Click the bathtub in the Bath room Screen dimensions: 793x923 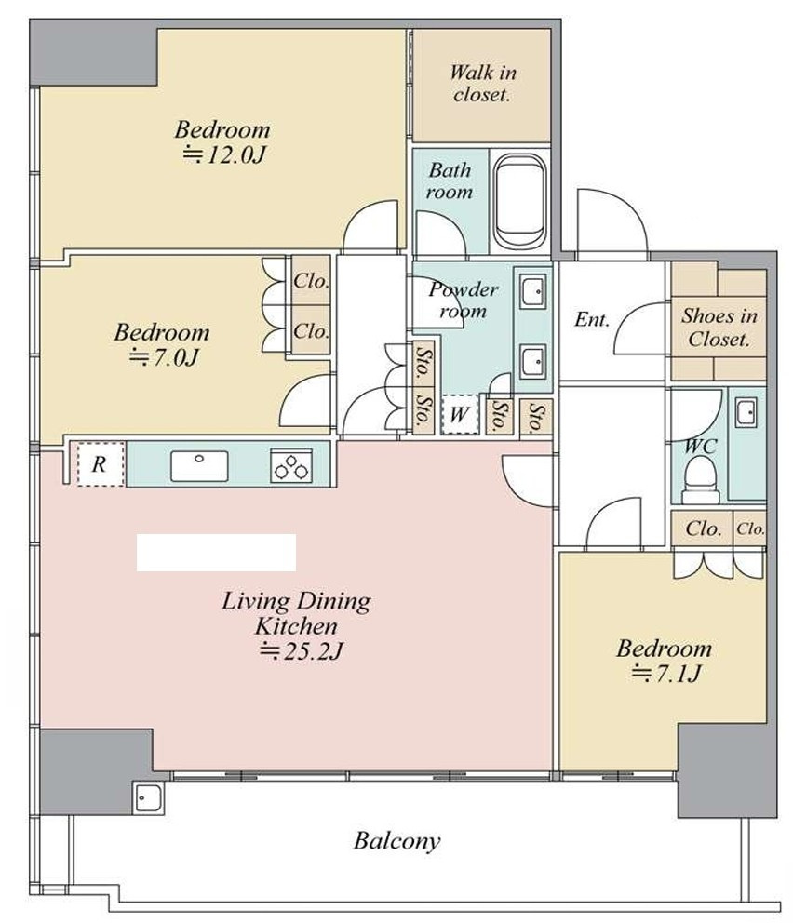(519, 201)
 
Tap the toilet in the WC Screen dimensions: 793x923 (701, 480)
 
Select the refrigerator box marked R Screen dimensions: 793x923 (100, 464)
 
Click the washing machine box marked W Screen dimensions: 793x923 (459, 414)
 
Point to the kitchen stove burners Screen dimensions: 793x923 (290, 466)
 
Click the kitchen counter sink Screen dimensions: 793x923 (199, 465)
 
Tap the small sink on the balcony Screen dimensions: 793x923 (148, 797)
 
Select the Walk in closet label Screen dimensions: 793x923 (483, 83)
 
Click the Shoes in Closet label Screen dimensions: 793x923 (719, 328)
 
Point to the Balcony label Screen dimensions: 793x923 (396, 840)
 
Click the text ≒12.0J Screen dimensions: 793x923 (224, 154)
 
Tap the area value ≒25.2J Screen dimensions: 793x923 (300, 651)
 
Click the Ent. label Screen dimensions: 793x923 (592, 320)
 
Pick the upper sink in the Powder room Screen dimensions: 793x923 (532, 291)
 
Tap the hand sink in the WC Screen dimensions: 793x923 (746, 412)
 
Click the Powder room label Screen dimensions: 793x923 (464, 300)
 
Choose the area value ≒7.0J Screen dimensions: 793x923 (163, 357)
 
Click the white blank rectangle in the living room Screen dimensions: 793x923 (216, 552)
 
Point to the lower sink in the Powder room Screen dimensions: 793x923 (532, 362)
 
